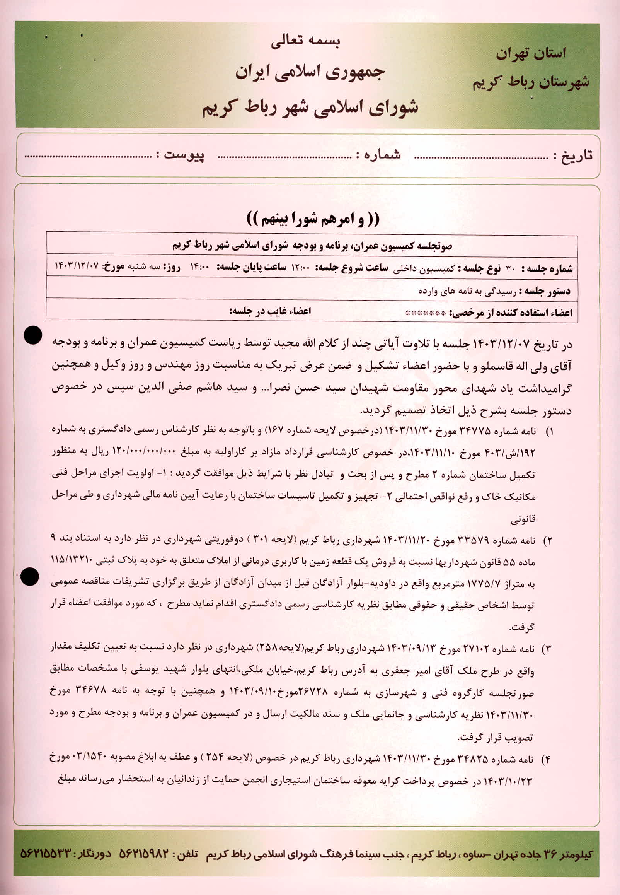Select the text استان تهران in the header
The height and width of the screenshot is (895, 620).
(x=531, y=53)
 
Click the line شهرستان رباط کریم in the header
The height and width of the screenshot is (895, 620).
(x=531, y=82)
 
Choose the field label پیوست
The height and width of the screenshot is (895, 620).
(x=184, y=155)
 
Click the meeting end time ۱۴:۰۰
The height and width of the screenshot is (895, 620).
(x=199, y=268)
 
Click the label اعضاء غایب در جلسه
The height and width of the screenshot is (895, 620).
(x=269, y=312)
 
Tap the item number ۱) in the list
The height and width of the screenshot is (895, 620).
(x=549, y=432)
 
